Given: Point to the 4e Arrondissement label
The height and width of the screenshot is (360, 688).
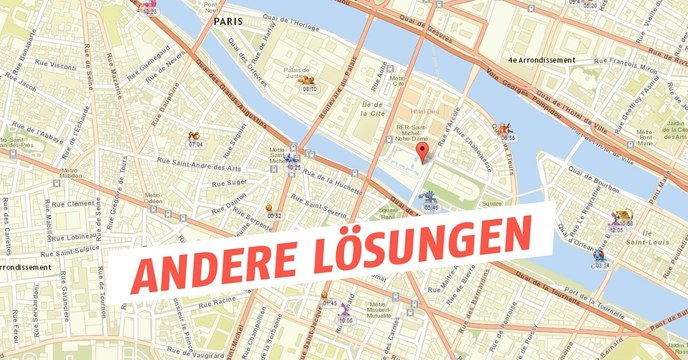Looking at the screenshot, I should [x=541, y=60].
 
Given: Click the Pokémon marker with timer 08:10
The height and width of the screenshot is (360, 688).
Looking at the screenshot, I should [x=310, y=81].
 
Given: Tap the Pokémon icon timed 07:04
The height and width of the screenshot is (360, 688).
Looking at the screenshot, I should [x=195, y=137].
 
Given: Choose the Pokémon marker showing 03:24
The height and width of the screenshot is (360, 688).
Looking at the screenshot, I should [x=601, y=257].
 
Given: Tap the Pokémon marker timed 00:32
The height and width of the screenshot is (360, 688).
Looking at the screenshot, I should [x=273, y=210].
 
